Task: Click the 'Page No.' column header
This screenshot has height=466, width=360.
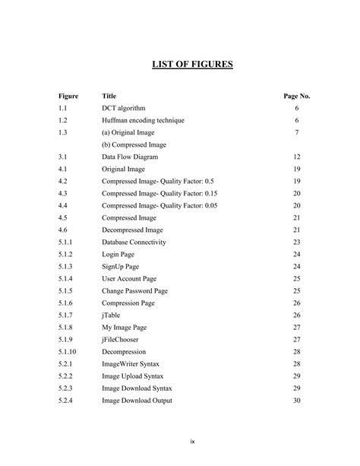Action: click(296, 97)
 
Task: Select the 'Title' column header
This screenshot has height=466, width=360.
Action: click(109, 97)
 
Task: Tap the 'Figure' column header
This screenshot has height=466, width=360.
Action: click(68, 97)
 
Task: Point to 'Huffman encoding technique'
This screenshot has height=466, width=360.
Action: click(142, 121)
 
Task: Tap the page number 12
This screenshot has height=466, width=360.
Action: click(296, 157)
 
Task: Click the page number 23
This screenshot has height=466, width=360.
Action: click(296, 242)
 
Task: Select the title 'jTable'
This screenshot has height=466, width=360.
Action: click(110, 315)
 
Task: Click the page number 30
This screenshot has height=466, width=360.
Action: click(296, 400)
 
